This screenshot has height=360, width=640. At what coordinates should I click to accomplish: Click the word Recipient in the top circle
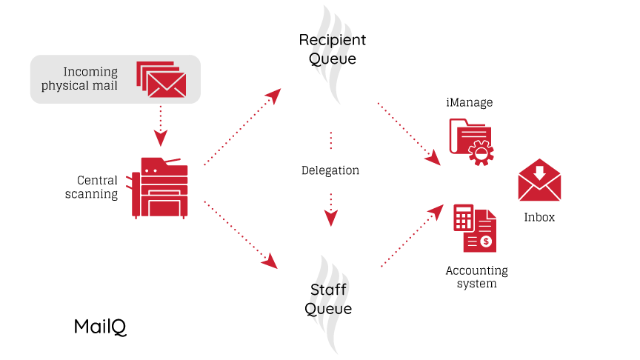332,39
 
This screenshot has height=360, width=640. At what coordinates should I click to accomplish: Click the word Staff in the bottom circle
329,290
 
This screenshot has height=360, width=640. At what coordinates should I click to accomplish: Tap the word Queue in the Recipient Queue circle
332,59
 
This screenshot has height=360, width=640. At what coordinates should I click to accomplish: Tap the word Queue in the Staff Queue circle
329,308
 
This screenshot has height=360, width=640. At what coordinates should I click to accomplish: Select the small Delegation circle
330,170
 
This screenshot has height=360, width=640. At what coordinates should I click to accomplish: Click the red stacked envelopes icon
161,79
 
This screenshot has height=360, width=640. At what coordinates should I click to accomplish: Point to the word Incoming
90,72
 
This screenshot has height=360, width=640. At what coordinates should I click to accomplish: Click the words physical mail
79,86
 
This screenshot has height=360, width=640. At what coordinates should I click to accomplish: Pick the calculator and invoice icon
474,228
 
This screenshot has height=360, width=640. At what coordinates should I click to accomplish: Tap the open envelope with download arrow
539,180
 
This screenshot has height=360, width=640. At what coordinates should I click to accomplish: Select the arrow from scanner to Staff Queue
241,234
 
